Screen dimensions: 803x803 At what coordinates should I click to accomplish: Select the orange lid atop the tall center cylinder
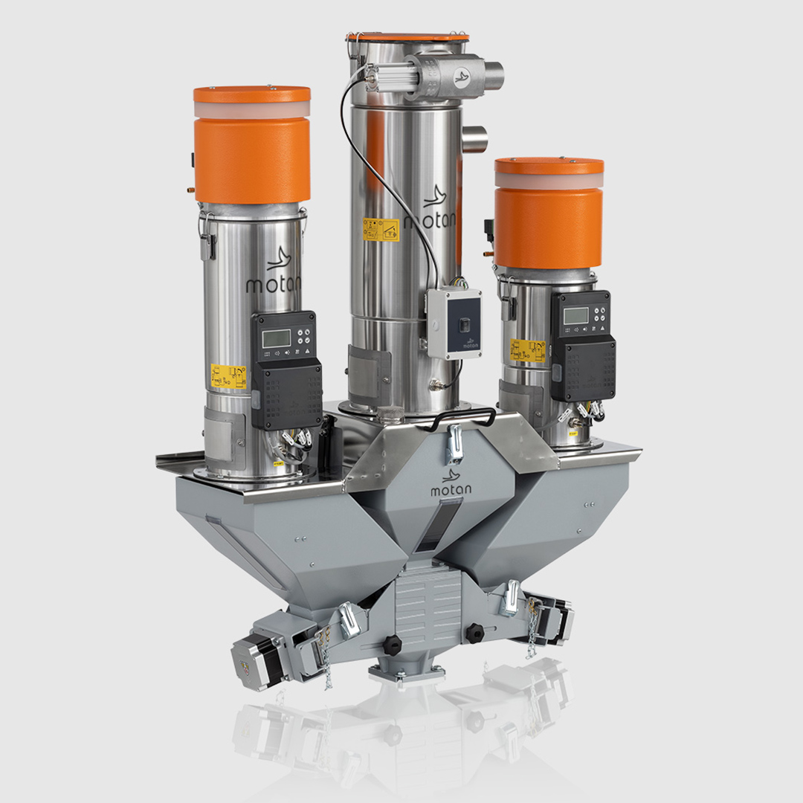pos(407,36)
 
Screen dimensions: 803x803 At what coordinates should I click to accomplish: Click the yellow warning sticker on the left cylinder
pos(228,376)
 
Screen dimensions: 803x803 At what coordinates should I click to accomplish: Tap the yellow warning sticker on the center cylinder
pos(380,229)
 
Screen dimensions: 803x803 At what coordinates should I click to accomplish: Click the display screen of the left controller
pos(277,338)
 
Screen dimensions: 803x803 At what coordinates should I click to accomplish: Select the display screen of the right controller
pos(575,315)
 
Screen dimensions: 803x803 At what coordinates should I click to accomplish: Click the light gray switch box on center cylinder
pos(454,323)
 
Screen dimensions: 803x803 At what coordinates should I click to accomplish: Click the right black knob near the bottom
pos(474,633)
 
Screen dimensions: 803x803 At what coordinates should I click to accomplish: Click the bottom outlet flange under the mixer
pos(407,672)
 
